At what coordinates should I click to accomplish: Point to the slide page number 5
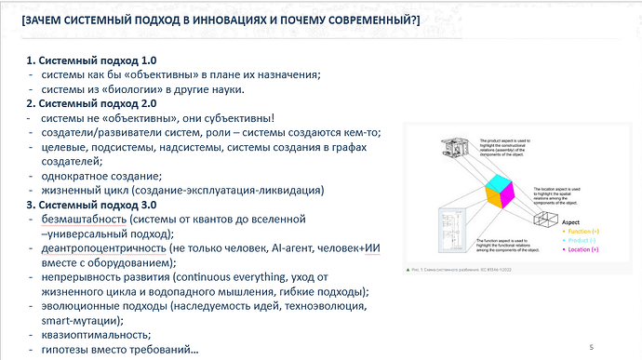tap(590, 346)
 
